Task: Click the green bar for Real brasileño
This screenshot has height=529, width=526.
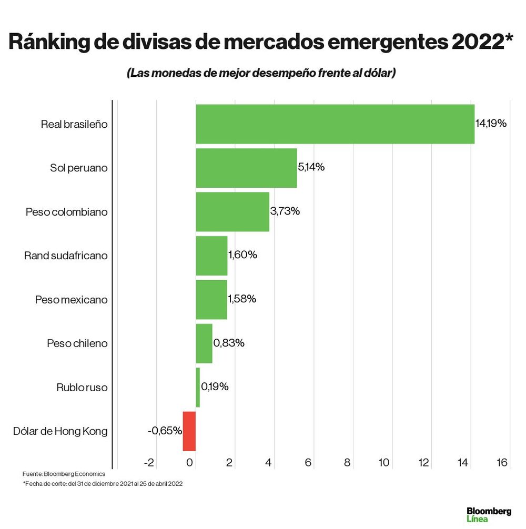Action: click(x=335, y=124)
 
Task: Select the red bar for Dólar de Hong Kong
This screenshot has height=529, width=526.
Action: click(x=189, y=431)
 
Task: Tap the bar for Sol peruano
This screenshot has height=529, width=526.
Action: click(x=246, y=168)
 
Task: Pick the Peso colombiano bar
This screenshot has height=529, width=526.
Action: click(x=232, y=211)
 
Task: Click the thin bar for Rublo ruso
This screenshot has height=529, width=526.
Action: click(x=198, y=387)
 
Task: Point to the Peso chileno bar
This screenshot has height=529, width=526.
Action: click(x=204, y=343)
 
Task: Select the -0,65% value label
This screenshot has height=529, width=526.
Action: click(x=165, y=431)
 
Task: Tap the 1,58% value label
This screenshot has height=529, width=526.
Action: click(x=242, y=299)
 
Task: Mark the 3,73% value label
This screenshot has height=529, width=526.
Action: click(x=285, y=211)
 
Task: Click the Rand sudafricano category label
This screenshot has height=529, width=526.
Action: click(x=66, y=256)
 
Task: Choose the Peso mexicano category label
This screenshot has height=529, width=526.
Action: click(x=71, y=300)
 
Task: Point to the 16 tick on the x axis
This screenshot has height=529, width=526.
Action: click(x=501, y=463)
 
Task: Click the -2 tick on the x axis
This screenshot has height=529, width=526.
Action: click(x=149, y=463)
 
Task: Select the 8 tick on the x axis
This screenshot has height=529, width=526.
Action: click(x=348, y=463)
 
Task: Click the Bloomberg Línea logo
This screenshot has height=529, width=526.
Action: click(x=489, y=514)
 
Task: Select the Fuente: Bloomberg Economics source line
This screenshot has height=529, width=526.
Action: click(x=64, y=474)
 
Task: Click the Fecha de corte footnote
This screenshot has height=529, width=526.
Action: click(x=103, y=484)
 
